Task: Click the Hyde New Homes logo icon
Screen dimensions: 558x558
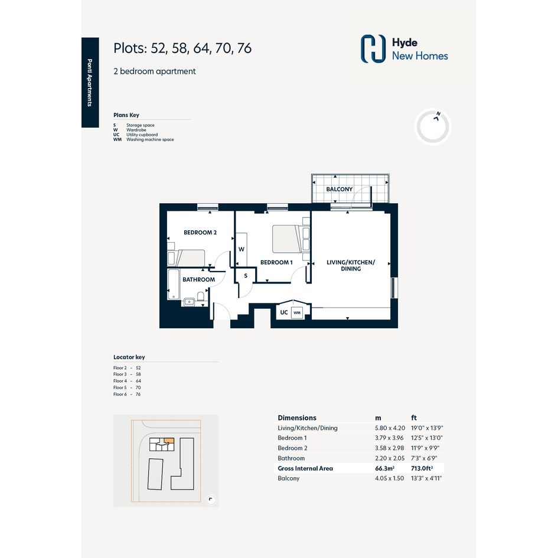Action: [x=373, y=49]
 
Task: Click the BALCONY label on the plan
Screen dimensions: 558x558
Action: [x=339, y=190]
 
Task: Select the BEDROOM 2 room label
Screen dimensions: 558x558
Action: [x=200, y=233]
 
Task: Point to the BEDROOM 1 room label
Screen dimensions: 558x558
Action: [x=276, y=262]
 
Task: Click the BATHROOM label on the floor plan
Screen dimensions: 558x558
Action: [x=198, y=280]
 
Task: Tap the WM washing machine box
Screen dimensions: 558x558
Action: [x=297, y=313]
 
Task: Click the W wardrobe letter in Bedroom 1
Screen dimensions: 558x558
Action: [x=242, y=249]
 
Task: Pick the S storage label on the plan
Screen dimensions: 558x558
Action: [x=246, y=276]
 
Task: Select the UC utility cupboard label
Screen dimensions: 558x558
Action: [x=284, y=312]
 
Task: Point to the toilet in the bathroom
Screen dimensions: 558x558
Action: [x=201, y=297]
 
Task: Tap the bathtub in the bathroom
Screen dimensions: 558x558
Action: [x=174, y=285]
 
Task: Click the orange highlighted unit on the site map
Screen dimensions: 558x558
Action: [x=169, y=440]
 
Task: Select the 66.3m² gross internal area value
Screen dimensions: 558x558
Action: [x=384, y=468]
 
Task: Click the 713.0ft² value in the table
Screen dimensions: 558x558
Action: [x=422, y=468]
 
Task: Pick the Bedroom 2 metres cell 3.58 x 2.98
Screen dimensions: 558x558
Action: [x=389, y=448]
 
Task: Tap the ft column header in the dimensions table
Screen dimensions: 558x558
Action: [x=414, y=418]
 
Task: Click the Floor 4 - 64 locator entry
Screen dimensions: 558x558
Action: [x=127, y=381]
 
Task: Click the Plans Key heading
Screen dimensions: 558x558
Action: [x=126, y=115]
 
